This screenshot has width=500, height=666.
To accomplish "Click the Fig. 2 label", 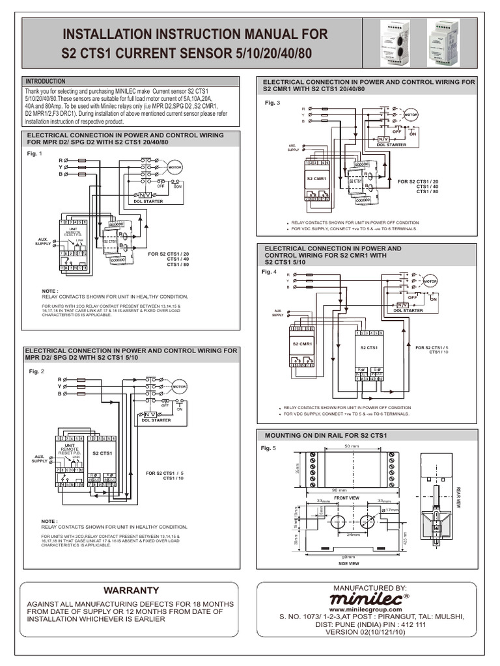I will (36, 371).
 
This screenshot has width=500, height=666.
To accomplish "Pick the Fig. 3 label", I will (271, 103).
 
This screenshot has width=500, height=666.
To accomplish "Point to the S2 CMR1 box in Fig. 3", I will (316, 177).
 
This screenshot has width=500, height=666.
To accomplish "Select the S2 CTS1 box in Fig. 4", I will (370, 348).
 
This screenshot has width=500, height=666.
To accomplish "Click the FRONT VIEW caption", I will (347, 498).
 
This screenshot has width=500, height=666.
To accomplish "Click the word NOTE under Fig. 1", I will (49, 291).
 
